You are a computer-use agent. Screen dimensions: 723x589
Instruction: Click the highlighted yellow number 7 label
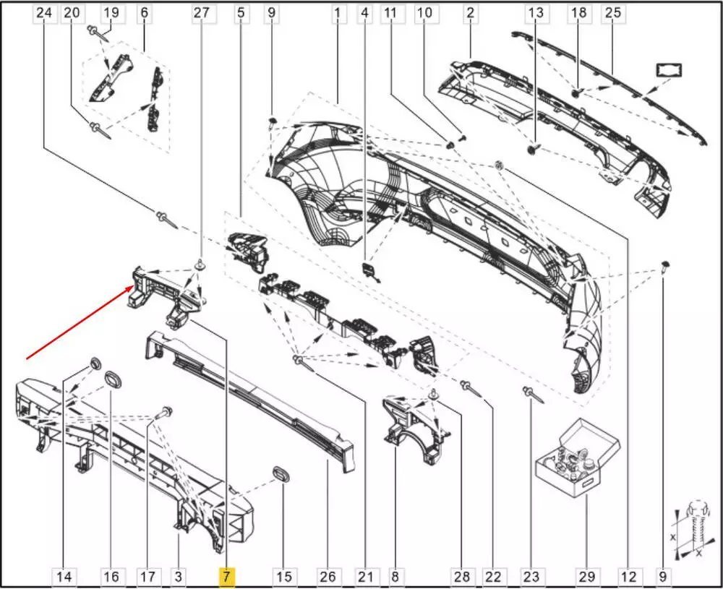(x=226, y=577)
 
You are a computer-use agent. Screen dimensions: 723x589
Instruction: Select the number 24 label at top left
(x=44, y=13)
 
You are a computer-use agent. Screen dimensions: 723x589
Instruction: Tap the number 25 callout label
(x=613, y=13)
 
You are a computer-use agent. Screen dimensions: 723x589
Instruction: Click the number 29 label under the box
(x=586, y=577)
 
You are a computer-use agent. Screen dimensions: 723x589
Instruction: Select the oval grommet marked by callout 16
(x=113, y=379)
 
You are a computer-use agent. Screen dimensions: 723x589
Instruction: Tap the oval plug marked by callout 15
(x=281, y=474)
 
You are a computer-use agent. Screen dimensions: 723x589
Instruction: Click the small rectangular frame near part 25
(x=669, y=71)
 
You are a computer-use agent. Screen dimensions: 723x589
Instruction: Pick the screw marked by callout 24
(x=166, y=220)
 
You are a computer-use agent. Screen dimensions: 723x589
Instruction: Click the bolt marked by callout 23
(x=534, y=395)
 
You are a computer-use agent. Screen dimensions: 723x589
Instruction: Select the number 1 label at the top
(x=338, y=13)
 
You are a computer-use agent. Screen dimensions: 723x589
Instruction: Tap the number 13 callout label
(x=536, y=13)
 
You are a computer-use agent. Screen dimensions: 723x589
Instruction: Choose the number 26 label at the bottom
(x=328, y=577)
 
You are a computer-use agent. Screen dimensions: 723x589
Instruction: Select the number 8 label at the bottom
(x=395, y=577)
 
